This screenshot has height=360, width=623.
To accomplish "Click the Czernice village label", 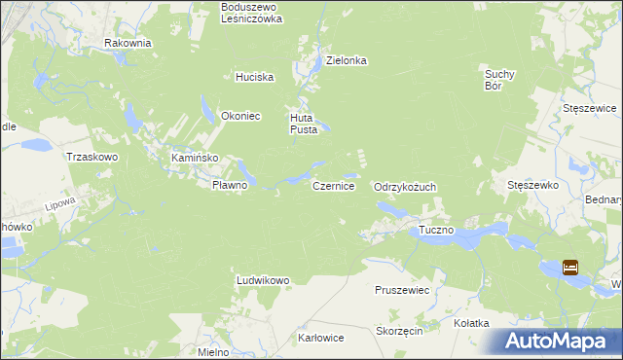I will pyautogui.click(x=333, y=184).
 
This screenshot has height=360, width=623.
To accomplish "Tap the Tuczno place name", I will pyautogui.click(x=436, y=230).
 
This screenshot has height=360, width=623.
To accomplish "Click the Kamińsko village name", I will pyautogui.click(x=194, y=158).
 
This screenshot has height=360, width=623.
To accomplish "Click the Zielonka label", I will pyautogui.click(x=346, y=60).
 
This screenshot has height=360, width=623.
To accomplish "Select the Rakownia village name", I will pyautogui.click(x=128, y=43).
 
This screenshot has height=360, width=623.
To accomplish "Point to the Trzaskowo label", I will pyautogui.click(x=91, y=157).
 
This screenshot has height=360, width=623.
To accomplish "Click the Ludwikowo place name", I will pyautogui.click(x=263, y=280).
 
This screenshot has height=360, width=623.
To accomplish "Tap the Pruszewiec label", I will pyautogui.click(x=402, y=290).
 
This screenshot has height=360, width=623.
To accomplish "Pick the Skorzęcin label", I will pyautogui.click(x=398, y=331).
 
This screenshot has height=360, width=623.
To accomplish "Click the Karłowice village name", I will pyautogui.click(x=321, y=339).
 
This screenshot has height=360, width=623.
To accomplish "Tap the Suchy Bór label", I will pyautogui.click(x=499, y=78).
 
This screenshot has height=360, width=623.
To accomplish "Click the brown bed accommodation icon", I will pyautogui.click(x=570, y=267).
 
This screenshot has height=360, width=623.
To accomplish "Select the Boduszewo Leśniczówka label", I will pyautogui.click(x=251, y=13).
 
